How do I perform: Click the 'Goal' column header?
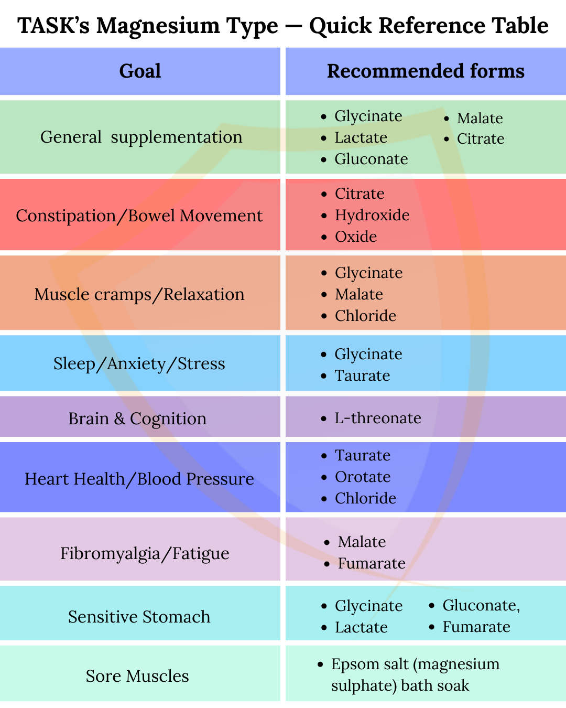click(140, 71)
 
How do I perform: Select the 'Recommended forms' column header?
click(426, 71)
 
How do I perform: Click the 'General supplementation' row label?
click(141, 137)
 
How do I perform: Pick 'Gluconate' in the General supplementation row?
click(371, 159)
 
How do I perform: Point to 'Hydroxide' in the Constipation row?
click(372, 216)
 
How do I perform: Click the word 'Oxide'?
click(356, 237)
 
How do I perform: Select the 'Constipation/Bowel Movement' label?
click(139, 216)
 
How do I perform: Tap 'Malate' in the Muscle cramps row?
click(359, 294)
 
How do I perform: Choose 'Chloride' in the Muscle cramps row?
click(366, 316)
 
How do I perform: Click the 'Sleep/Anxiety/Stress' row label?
click(139, 364)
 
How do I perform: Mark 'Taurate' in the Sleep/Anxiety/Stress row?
click(363, 376)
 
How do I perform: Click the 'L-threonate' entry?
click(378, 418)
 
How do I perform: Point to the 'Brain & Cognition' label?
click(137, 419)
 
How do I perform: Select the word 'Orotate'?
click(363, 477)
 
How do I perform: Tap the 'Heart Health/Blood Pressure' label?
click(139, 479)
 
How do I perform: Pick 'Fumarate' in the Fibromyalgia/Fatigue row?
click(372, 564)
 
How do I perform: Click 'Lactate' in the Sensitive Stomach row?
click(362, 628)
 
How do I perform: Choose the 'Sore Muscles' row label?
click(137, 677)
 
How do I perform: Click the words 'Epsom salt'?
click(370, 664)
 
